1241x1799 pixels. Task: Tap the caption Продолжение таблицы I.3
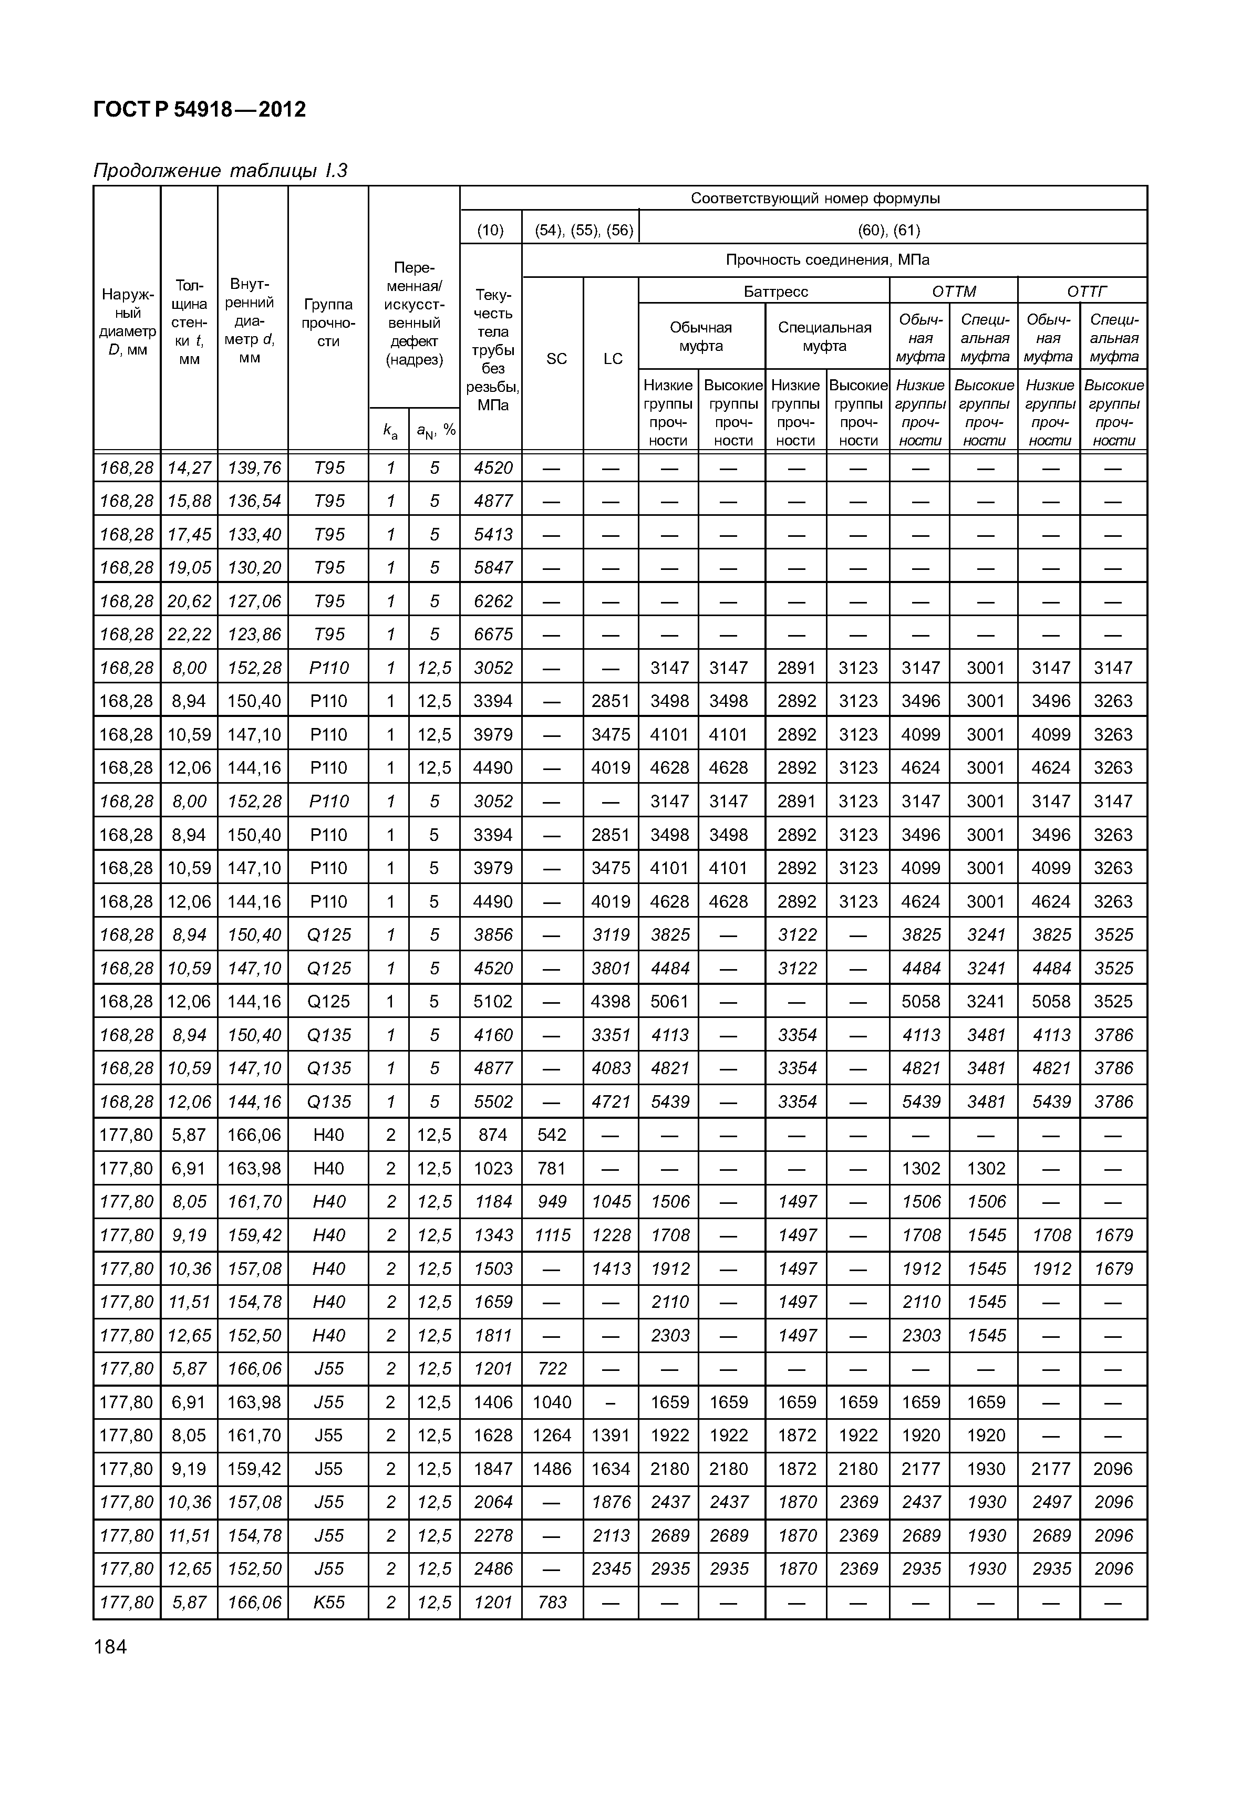coord(220,170)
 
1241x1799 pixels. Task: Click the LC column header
coord(613,358)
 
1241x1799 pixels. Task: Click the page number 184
coord(110,1647)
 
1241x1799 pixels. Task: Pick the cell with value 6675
coord(493,635)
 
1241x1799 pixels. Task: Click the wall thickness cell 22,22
coord(189,635)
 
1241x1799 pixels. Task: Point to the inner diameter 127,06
coord(253,601)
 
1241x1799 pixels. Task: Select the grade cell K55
coord(328,1603)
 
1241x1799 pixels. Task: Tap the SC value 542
coord(552,1135)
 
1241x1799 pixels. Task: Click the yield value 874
coord(493,1135)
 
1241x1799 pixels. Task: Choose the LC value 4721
coord(611,1101)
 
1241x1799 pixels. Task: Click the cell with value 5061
coord(669,1001)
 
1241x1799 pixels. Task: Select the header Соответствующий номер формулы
coord(815,198)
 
